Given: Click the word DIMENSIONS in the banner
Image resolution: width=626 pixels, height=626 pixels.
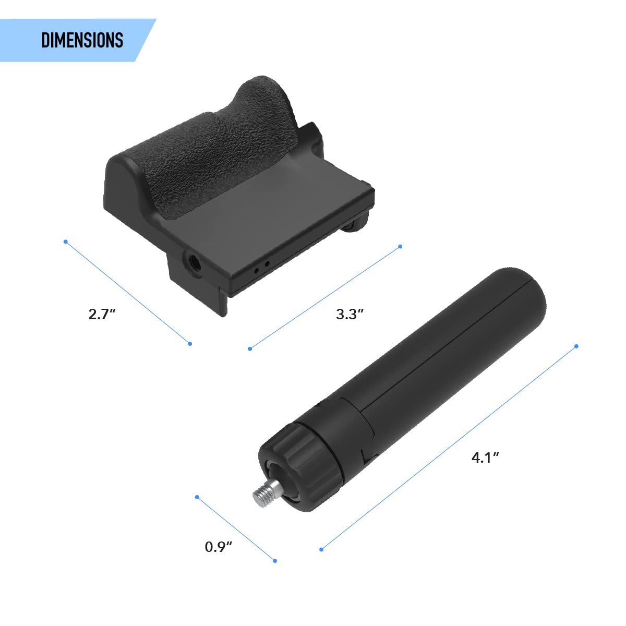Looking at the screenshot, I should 82,41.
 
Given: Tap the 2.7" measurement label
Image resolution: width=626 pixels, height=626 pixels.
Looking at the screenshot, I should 102,315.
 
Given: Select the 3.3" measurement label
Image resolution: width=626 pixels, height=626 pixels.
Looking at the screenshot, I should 350,315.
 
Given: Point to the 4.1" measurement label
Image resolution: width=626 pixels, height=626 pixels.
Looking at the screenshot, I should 485,458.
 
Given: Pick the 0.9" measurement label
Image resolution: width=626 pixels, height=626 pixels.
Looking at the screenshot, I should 218,547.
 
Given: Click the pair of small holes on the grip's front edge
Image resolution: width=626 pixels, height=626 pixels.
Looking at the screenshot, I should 261,267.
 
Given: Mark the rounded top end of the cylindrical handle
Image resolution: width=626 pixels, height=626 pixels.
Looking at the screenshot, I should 522,292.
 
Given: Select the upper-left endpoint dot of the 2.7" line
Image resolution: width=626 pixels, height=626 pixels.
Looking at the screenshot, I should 65,242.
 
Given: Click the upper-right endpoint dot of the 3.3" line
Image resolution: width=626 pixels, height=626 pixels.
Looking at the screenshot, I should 400,246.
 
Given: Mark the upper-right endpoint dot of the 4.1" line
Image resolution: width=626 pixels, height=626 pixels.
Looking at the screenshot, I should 576,346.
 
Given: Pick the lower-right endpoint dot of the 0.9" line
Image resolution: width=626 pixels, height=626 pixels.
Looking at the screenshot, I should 275,561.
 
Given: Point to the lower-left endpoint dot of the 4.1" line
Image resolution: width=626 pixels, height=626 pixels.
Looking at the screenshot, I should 321,549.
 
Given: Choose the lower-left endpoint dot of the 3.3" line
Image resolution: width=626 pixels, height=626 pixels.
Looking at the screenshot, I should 250,348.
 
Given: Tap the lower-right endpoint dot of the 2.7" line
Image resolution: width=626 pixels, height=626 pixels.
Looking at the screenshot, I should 190,343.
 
